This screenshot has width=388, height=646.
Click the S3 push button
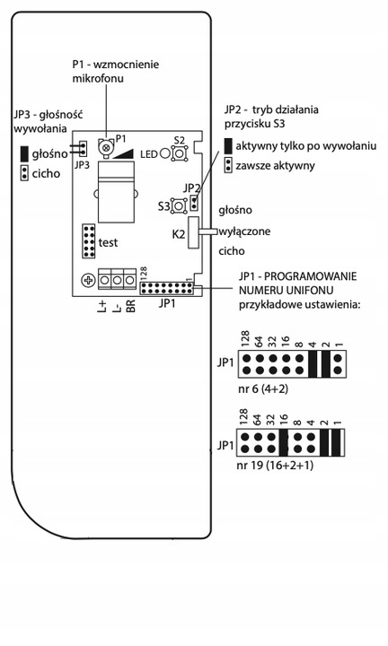pyautogui.click(x=179, y=205)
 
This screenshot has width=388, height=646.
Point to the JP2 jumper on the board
pyautogui.click(x=193, y=198)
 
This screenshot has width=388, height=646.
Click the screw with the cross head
pyautogui.click(x=87, y=281)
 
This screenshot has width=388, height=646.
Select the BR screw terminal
pyautogui.click(x=130, y=281)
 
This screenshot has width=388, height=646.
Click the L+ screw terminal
pyautogui.click(x=104, y=281)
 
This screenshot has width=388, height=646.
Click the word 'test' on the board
pyautogui.click(x=108, y=242)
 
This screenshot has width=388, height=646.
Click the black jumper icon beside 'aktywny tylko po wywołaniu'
pyautogui.click(x=228, y=145)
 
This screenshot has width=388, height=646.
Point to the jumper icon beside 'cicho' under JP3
pyautogui.click(x=23, y=172)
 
